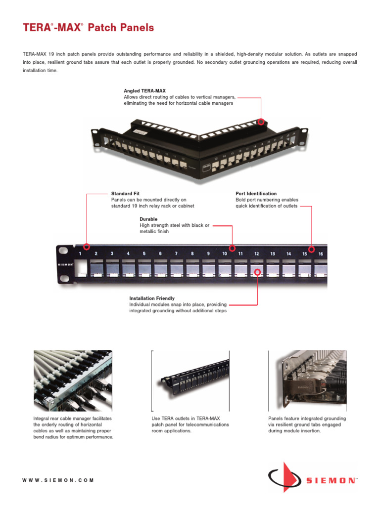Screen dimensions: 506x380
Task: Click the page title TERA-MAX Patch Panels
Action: coord(89,28)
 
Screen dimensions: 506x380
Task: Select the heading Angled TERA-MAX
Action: coord(144,91)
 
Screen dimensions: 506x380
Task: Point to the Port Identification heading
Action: coord(256,194)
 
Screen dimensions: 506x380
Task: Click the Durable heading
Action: coord(148,219)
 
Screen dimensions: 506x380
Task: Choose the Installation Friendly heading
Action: coord(152,298)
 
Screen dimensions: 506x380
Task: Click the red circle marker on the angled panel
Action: coord(261,121)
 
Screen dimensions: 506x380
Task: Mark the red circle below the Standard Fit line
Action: coord(87,247)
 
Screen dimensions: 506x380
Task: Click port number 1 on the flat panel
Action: coord(80,253)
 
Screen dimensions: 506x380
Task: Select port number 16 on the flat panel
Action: coord(321,253)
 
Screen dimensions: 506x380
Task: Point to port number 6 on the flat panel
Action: coord(160,253)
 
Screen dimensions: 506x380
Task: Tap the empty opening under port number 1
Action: coord(80,269)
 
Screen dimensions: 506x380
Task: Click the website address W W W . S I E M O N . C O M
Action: coord(58,480)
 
